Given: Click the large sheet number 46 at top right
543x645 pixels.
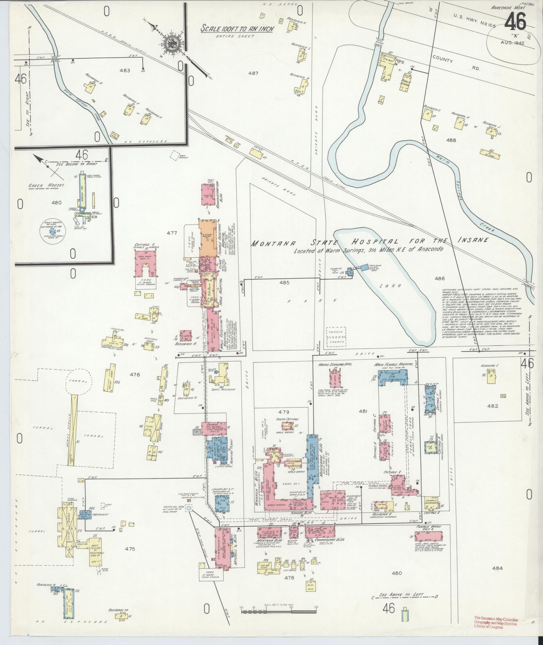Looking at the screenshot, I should coord(515,22).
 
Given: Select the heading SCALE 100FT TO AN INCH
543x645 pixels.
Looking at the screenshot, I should coord(237,28).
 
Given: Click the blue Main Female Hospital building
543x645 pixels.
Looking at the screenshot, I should coord(393,377).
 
